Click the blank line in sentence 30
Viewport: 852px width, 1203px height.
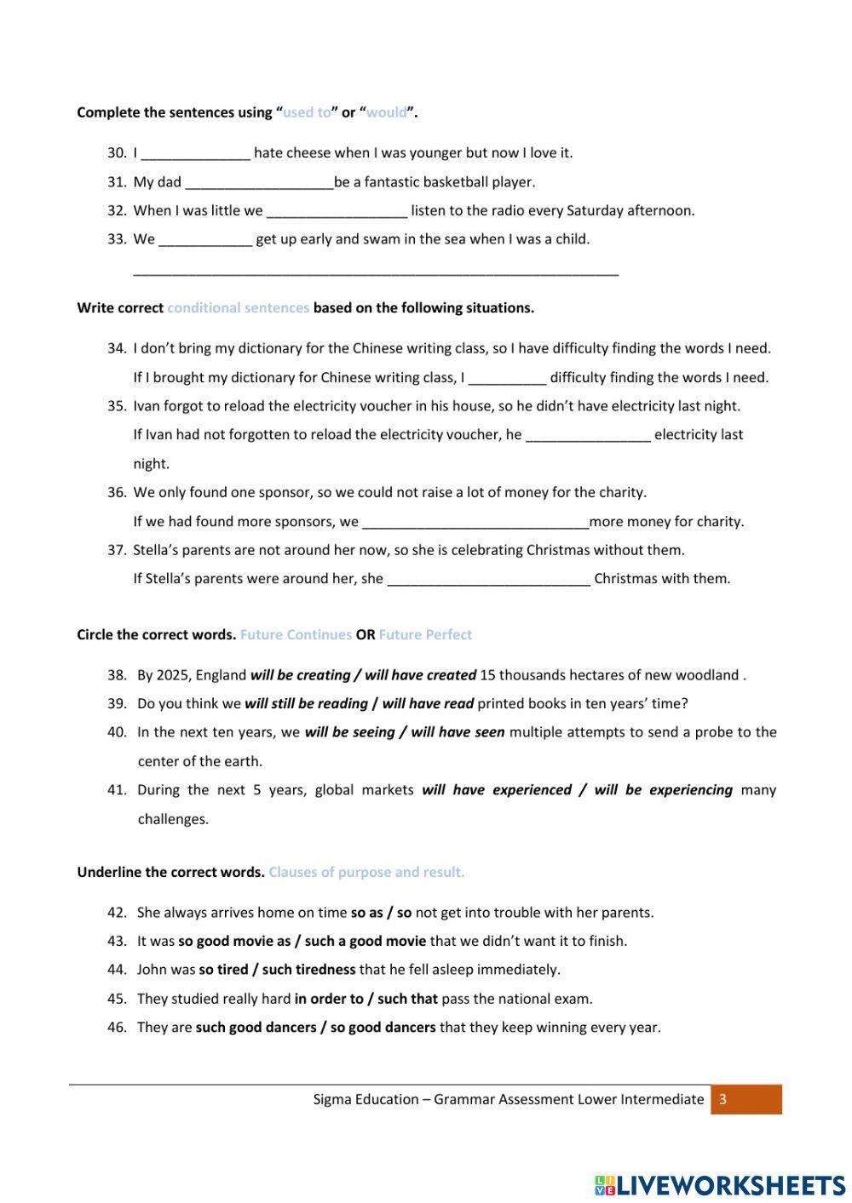click(195, 154)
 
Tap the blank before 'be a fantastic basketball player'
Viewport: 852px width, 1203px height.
click(259, 183)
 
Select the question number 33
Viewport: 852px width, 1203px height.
click(117, 239)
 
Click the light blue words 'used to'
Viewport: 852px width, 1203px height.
click(307, 112)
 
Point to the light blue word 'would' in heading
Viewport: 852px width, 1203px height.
click(386, 112)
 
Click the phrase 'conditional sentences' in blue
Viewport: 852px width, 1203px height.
click(239, 308)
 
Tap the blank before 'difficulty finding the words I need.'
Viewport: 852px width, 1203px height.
click(507, 378)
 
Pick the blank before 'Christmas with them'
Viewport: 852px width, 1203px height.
click(488, 580)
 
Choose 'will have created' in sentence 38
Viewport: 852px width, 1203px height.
click(420, 675)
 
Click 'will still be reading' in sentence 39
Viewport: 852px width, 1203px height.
click(306, 704)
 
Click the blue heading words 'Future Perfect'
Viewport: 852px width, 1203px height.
click(425, 635)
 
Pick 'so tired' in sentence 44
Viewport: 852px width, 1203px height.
click(226, 970)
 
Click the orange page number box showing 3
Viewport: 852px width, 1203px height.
click(745, 1099)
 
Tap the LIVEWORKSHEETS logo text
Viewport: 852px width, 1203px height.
click(730, 1184)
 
